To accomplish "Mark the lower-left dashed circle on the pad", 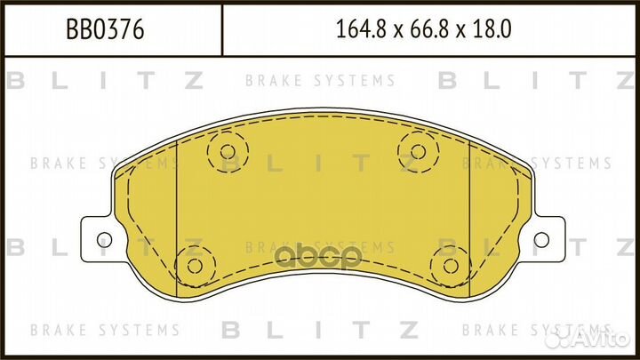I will click(x=192, y=264).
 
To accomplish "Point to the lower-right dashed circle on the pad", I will click(x=449, y=264).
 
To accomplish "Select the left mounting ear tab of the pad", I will click(x=100, y=238).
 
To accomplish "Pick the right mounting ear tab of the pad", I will click(x=540, y=238).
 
